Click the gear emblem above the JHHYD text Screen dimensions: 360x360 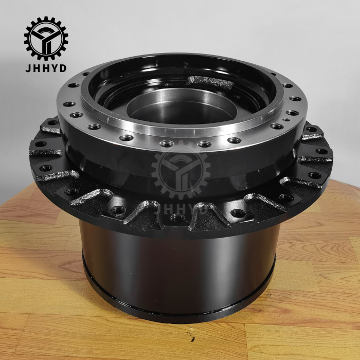pos(46,39)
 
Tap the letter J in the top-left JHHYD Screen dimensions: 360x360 pos(28,68)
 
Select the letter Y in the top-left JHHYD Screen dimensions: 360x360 pos(54,68)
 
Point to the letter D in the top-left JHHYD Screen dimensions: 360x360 pos(63,68)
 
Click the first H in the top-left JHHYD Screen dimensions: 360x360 pos(37,68)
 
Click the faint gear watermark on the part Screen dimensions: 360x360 pos(181,169)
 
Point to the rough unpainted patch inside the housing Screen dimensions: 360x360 pos(210,82)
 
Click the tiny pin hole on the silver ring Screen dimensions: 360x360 pos(286,120)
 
